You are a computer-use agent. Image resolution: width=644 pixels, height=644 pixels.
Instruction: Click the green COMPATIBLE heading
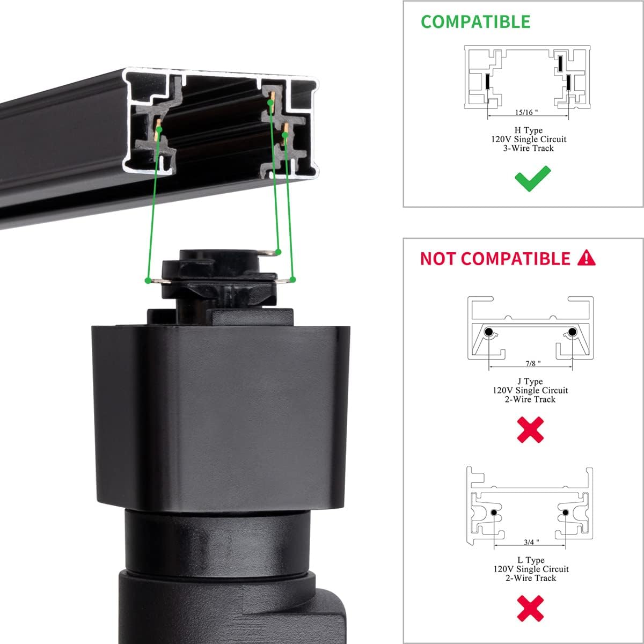pos(475,21)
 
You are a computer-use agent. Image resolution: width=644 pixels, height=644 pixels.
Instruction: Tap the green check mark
pos(532,179)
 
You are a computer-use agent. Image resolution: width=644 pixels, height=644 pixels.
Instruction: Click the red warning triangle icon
pos(587,258)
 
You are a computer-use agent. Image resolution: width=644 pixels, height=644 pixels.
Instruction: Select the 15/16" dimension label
pos(526,113)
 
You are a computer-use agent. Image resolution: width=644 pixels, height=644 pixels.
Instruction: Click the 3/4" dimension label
pos(530,543)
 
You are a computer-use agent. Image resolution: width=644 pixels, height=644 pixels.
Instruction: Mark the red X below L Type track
pos(530,608)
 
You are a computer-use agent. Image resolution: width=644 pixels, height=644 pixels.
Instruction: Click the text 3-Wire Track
pos(529,148)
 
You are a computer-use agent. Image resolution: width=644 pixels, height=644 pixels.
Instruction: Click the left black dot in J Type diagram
pos(489,333)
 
